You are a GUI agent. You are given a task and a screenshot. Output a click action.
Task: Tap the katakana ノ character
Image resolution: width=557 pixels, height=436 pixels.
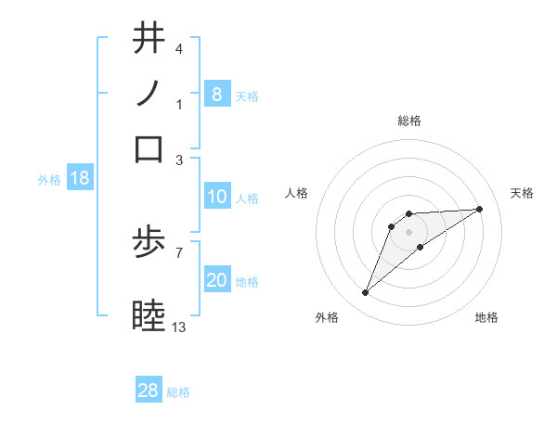(x=149, y=93)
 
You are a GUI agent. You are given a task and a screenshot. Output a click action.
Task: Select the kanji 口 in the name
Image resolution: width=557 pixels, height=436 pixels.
(x=149, y=148)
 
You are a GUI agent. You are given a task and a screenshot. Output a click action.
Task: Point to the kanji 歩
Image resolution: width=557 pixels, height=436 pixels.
(x=149, y=244)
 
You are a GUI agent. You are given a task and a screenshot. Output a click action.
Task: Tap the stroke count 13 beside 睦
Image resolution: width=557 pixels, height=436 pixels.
(x=179, y=327)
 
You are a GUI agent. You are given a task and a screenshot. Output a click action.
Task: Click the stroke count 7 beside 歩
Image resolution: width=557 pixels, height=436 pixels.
(x=179, y=251)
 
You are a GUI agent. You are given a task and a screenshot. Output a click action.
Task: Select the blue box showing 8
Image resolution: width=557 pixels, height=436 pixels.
(x=216, y=94)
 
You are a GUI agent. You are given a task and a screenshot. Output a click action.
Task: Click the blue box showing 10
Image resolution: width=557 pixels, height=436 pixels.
(x=216, y=197)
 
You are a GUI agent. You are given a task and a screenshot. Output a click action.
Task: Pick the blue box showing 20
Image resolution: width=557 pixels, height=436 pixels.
(x=216, y=280)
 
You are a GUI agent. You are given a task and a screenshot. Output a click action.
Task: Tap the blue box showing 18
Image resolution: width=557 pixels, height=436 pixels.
(x=79, y=179)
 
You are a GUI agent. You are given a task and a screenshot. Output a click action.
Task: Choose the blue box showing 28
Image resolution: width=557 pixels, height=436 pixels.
(x=149, y=391)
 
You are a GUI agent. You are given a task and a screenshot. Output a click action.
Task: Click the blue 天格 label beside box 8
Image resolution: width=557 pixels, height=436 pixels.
(x=247, y=96)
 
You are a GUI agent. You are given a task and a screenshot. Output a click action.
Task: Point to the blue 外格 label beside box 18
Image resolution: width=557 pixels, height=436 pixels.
(x=49, y=180)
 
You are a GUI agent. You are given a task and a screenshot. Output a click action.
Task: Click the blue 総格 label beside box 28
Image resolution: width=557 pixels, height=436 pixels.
(x=178, y=392)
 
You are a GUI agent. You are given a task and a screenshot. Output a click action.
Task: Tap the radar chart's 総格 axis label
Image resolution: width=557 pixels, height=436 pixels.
(x=409, y=121)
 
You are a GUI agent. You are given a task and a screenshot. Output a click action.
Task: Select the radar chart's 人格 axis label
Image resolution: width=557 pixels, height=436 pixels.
(x=297, y=193)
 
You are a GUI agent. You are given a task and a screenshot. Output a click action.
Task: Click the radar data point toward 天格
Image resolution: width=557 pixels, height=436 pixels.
(x=480, y=209)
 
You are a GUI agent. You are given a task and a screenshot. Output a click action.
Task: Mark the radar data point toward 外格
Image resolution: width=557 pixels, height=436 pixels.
(x=366, y=293)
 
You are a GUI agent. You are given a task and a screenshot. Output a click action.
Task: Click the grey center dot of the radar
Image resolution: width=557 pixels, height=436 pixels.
(x=409, y=231)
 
